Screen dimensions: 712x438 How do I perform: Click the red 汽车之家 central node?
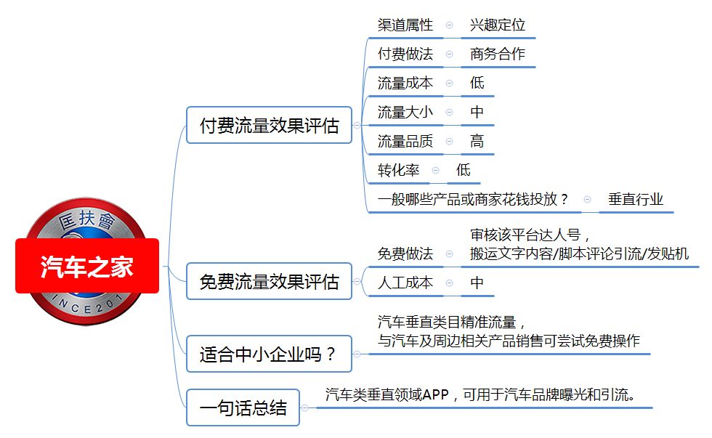(x=87, y=266)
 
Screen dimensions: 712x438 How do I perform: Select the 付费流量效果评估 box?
(x=270, y=125)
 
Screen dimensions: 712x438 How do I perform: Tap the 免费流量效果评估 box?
(x=270, y=281)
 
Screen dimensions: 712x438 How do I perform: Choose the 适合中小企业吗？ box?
(x=270, y=354)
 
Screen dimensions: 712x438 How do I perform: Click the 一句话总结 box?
(x=243, y=407)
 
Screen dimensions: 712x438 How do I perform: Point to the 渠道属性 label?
(x=405, y=25)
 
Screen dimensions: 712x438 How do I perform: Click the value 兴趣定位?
(x=498, y=25)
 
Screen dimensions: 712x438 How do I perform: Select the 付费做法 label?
(x=405, y=54)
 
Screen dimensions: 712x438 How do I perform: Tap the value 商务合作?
(x=498, y=54)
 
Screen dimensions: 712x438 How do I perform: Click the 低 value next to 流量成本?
(x=477, y=83)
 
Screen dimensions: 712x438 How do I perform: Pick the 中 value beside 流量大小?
(x=477, y=112)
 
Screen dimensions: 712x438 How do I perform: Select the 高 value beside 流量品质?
(x=477, y=141)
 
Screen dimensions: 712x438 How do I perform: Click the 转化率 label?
(x=398, y=170)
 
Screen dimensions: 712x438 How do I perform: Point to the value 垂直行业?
(x=636, y=199)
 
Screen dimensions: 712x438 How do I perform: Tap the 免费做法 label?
(x=405, y=254)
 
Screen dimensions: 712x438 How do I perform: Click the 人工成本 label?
(x=405, y=283)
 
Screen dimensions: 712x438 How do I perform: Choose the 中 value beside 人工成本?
(x=477, y=283)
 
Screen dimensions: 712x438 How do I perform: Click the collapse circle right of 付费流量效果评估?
(x=357, y=125)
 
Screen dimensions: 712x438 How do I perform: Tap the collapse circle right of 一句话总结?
(x=304, y=408)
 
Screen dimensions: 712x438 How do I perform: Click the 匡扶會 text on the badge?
(x=86, y=220)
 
